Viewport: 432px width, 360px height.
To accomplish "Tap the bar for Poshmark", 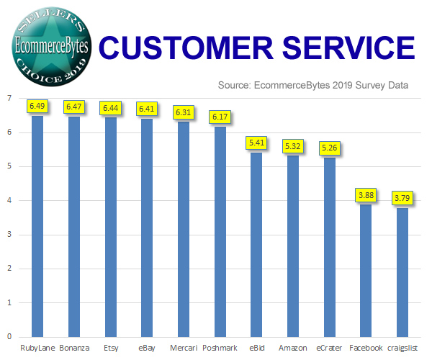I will [220, 231].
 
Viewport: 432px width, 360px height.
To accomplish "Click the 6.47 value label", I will [74, 107].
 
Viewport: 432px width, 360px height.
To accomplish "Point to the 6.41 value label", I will [148, 109].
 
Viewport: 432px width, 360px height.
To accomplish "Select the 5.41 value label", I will [256, 143].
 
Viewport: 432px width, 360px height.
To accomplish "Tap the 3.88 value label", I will [366, 194].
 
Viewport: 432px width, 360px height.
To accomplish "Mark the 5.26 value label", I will [330, 148].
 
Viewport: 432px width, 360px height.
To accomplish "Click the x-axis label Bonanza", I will [74, 348].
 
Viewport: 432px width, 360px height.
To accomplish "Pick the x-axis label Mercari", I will [184, 348].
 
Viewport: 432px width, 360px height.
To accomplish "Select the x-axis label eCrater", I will [330, 348].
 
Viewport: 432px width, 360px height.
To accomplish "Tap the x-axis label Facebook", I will [366, 348].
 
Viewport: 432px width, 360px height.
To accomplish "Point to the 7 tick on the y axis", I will [9, 99].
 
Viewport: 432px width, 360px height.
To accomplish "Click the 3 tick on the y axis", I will [9, 235].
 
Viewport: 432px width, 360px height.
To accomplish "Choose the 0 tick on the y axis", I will [9, 336].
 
